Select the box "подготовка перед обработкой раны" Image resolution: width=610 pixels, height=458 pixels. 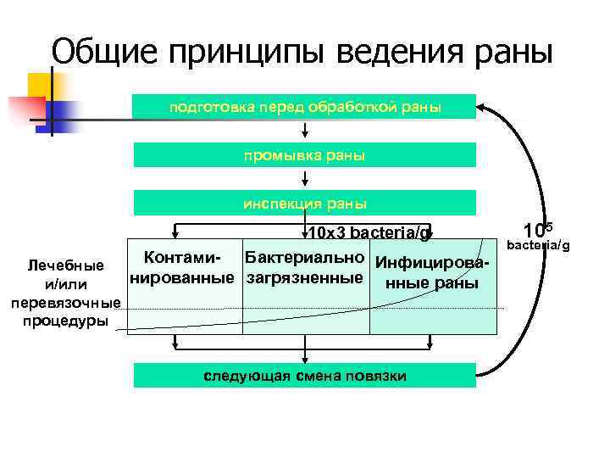pos(305,107)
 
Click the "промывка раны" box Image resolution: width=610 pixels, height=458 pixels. pos(305,155)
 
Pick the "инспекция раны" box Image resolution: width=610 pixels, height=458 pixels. pos(305,204)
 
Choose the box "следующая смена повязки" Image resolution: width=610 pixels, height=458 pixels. pos(305,376)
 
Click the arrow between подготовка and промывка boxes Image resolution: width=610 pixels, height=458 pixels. pos(305,131)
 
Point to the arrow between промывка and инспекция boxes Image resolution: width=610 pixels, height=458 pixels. pos(305,179)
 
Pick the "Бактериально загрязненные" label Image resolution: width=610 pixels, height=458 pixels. pos(305,267)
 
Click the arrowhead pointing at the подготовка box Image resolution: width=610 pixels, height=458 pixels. pos(482,107)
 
